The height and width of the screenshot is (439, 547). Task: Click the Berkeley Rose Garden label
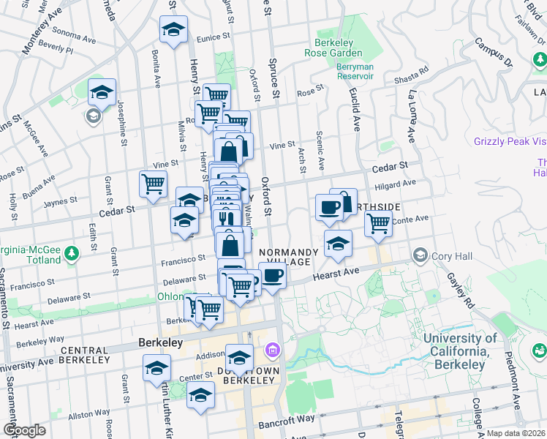pyautogui.click(x=339, y=48)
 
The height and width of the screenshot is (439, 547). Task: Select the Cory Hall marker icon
pyautogui.click(x=420, y=255)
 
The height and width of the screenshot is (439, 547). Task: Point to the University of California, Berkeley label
pyautogui.click(x=460, y=351)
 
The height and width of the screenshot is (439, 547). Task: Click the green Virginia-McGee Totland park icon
pyautogui.click(x=72, y=254)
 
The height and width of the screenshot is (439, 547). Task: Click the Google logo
pyautogui.click(x=24, y=430)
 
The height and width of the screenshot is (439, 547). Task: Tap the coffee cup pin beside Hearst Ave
pyautogui.click(x=273, y=276)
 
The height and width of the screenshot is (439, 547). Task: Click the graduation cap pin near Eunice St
pyautogui.click(x=173, y=30)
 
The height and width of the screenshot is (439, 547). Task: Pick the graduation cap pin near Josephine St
pyautogui.click(x=102, y=92)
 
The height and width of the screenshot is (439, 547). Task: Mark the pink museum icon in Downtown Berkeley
pyautogui.click(x=272, y=351)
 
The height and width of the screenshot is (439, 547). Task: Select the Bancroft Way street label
pyautogui.click(x=287, y=421)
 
